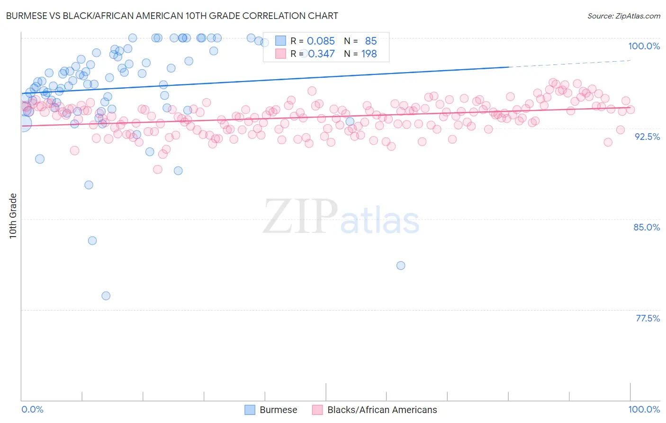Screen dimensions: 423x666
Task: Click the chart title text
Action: tap(171, 16)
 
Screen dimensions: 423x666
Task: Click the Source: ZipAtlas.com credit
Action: tap(623, 16)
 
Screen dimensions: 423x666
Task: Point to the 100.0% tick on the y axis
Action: tap(644, 46)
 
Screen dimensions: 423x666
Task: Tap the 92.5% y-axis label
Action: tap(647, 137)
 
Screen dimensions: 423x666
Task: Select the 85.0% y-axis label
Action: tap(647, 227)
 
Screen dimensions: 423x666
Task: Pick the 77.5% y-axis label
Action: tap(648, 318)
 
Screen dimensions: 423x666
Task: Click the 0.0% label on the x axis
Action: tap(32, 409)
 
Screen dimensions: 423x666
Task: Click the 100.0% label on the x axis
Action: tap(644, 409)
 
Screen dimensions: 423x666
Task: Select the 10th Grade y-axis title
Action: tap(13, 216)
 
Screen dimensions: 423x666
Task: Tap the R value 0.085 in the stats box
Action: tap(321, 41)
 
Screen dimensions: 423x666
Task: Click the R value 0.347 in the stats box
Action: tap(321, 54)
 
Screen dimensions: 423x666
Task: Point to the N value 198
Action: tap(369, 54)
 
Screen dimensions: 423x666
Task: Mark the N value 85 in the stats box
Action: tap(371, 41)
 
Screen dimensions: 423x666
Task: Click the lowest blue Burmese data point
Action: tap(106, 296)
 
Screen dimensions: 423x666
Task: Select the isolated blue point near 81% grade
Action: tap(401, 266)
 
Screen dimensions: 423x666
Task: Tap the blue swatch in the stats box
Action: tap(280, 41)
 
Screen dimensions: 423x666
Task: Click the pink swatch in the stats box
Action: tap(280, 54)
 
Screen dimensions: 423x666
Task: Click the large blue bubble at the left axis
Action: tap(22, 123)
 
